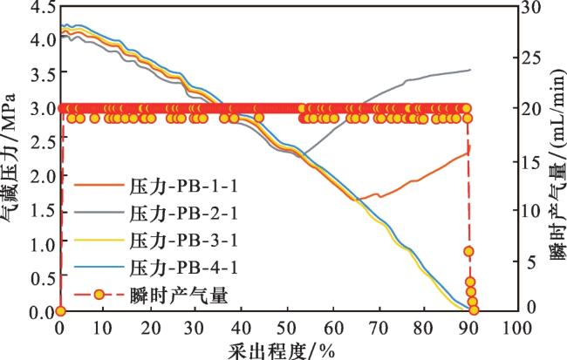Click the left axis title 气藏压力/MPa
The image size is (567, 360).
click(10, 157)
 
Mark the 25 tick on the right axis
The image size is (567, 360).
click(534, 58)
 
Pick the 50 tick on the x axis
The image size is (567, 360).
click(288, 327)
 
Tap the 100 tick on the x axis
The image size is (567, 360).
click(515, 327)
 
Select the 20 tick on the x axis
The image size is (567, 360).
click(151, 327)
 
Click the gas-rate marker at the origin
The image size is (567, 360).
click(60, 310)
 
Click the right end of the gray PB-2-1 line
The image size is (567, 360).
click(470, 70)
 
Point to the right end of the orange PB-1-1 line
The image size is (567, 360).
click(469, 152)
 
